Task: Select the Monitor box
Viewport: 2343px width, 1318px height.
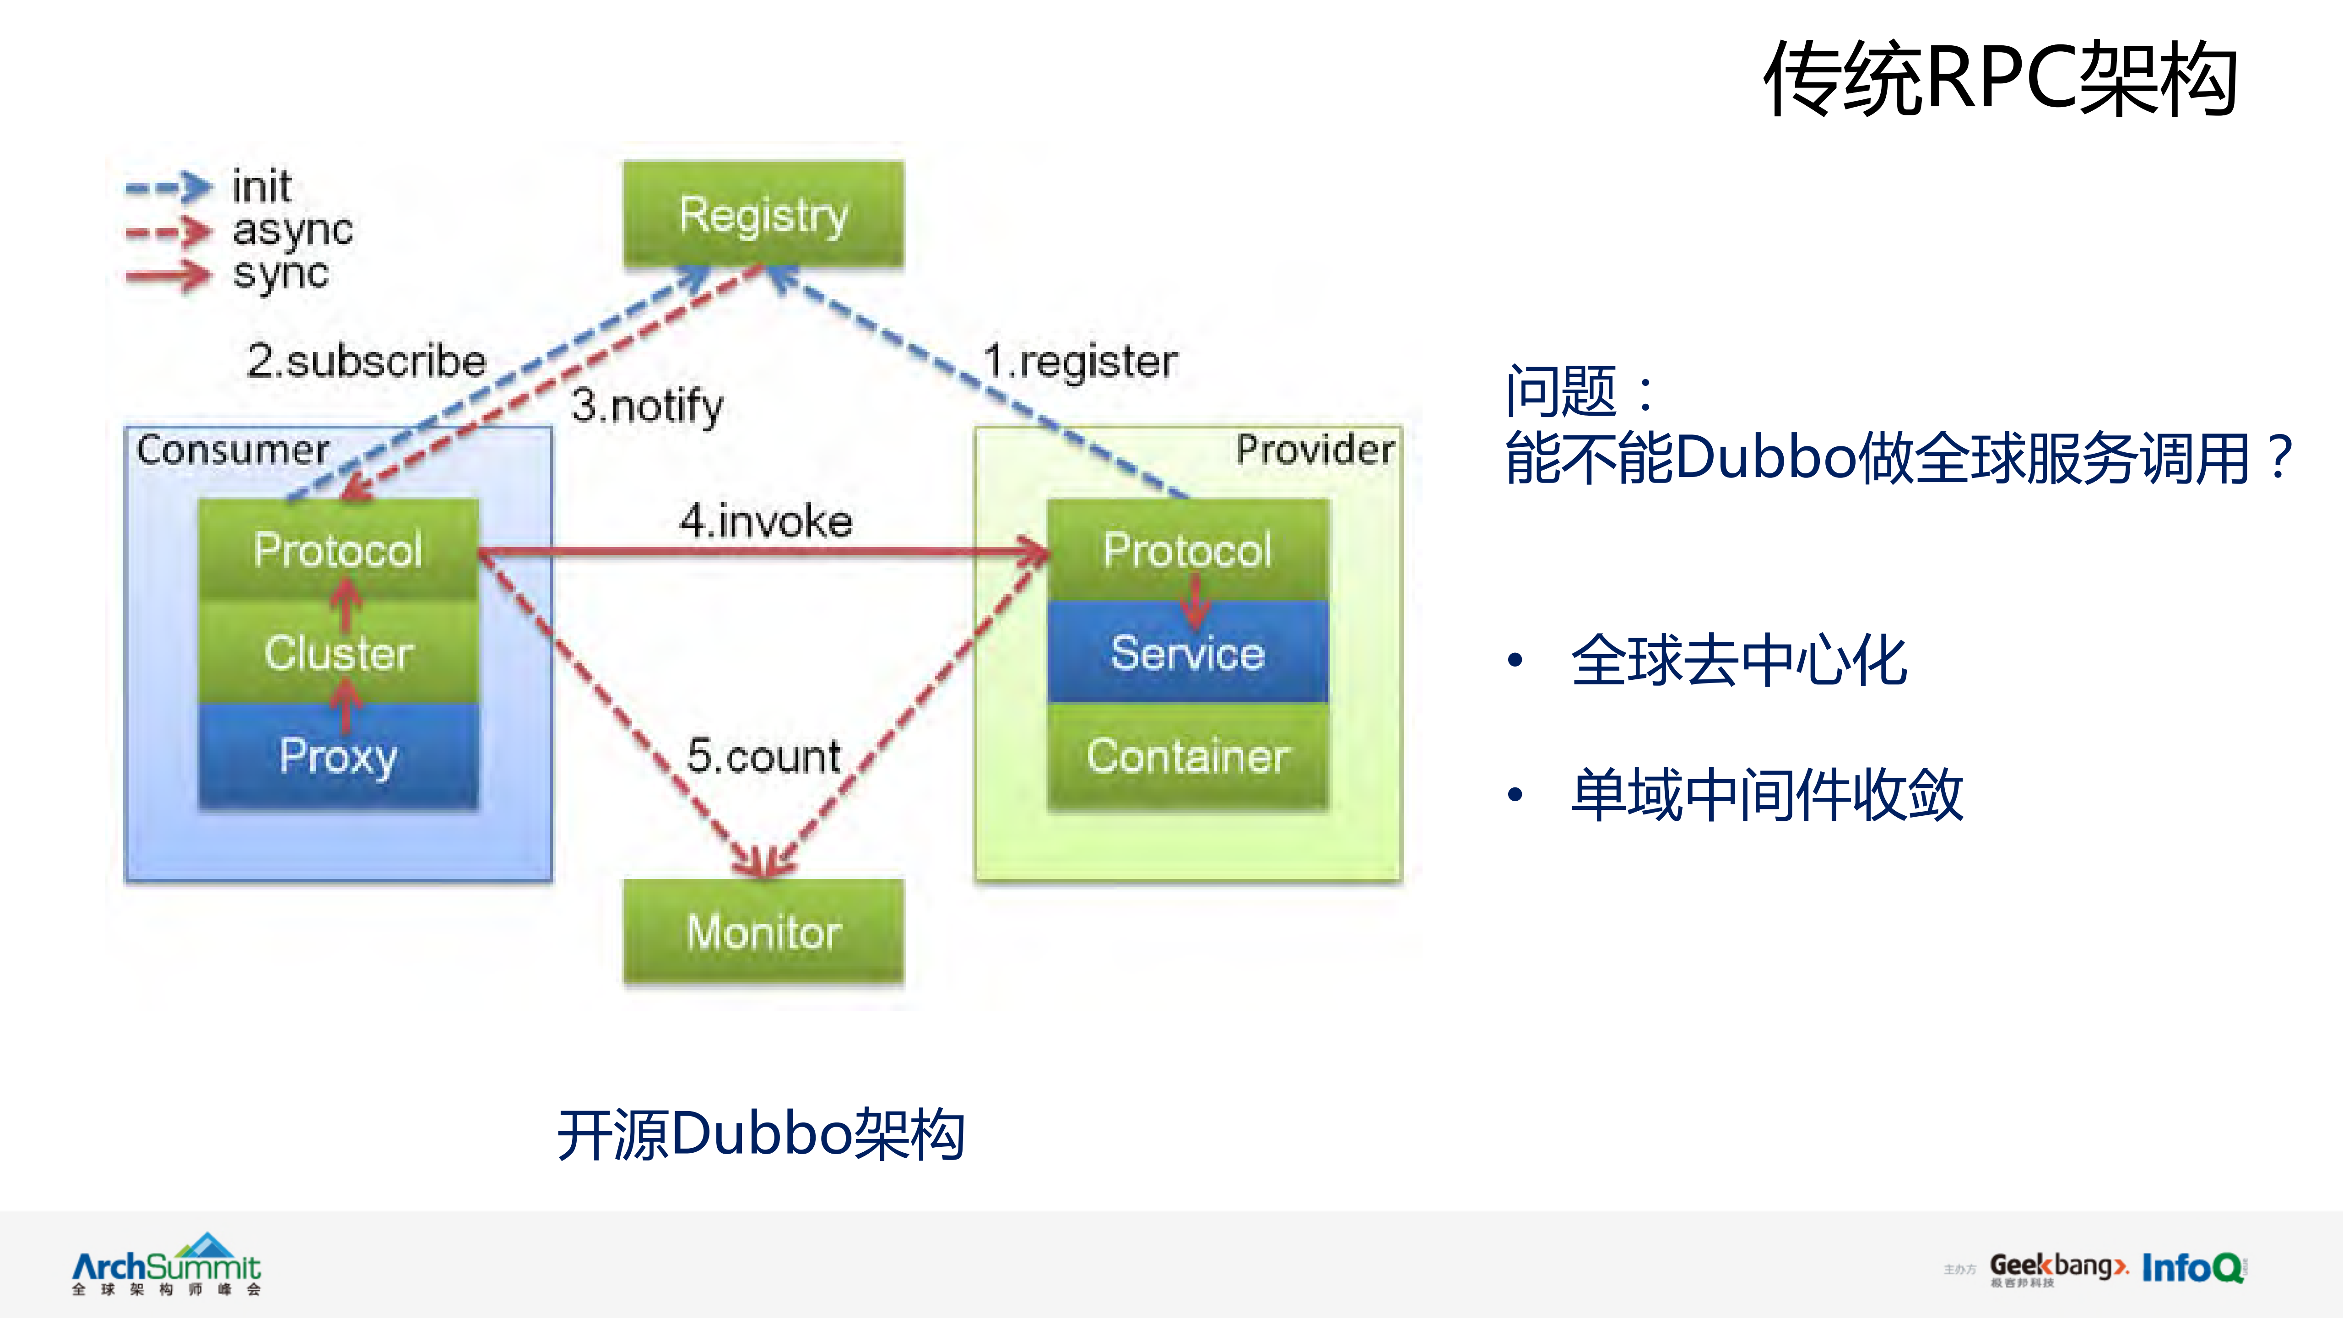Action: (x=763, y=932)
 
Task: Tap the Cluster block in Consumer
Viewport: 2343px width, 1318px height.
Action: (x=338, y=652)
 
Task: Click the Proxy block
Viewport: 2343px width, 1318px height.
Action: (x=338, y=756)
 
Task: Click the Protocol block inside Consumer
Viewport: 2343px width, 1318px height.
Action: (x=338, y=549)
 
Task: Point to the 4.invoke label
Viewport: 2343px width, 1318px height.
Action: (x=765, y=521)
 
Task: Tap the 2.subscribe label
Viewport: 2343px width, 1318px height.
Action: (x=367, y=361)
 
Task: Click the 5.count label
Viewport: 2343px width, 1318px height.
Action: (x=763, y=756)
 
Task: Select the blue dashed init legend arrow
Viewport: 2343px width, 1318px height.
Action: (x=168, y=187)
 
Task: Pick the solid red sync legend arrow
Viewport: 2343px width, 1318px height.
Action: (x=168, y=275)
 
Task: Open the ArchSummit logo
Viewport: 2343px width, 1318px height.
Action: (x=167, y=1264)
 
